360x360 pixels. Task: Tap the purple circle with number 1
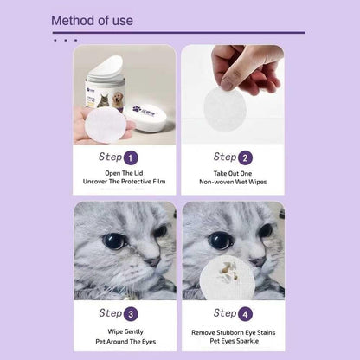(x=131, y=157)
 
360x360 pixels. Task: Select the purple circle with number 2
(x=245, y=157)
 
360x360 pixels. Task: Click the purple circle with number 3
(x=131, y=313)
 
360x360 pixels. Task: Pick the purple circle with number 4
(x=245, y=313)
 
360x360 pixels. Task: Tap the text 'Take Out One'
(x=231, y=174)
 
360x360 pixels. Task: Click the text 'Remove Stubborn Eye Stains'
(x=231, y=331)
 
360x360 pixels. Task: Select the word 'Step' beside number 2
(x=222, y=157)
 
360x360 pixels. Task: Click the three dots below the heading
(x=65, y=40)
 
